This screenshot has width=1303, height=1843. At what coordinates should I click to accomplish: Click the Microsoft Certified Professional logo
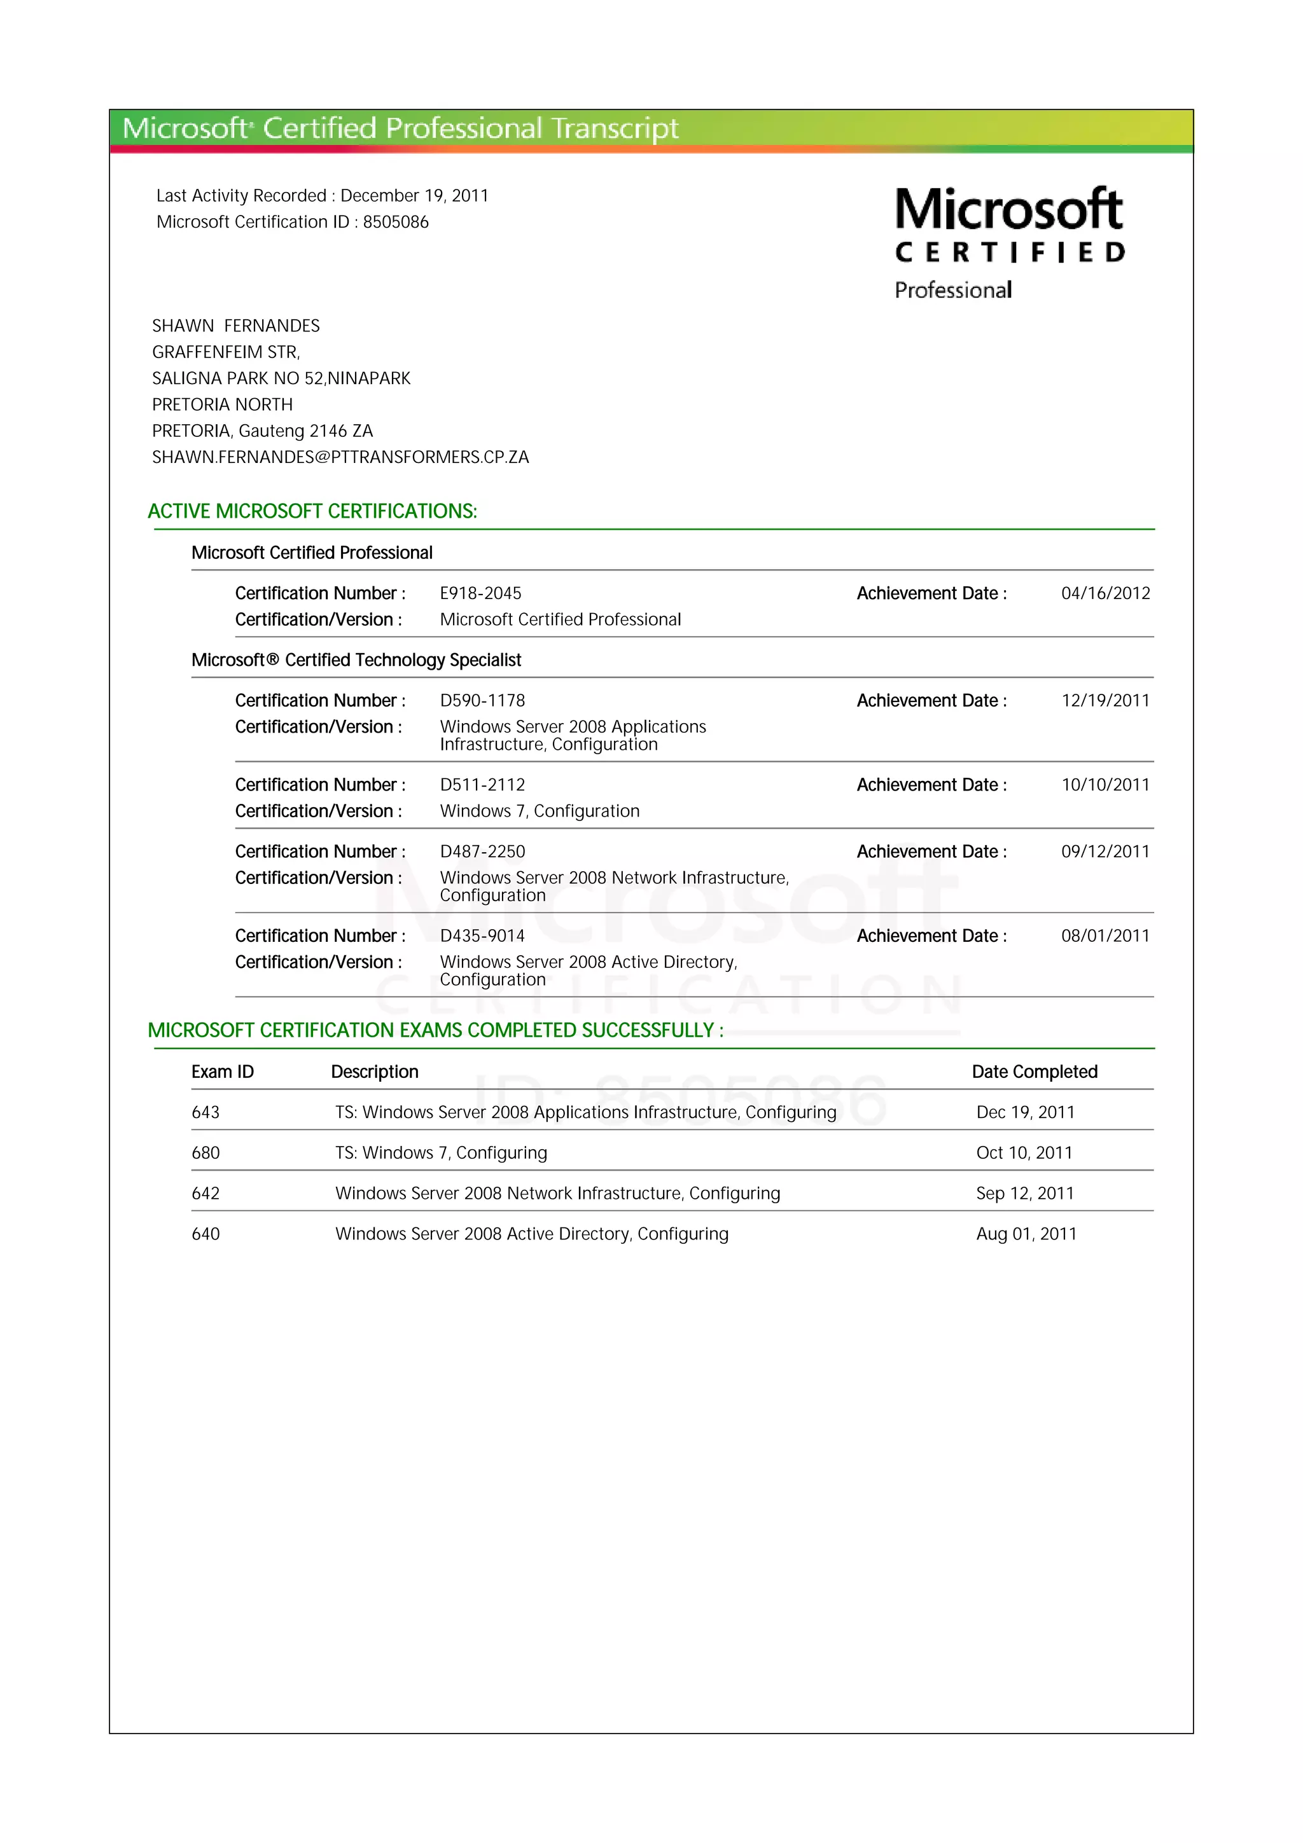point(1009,242)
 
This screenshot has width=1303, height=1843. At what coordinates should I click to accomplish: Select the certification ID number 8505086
point(396,223)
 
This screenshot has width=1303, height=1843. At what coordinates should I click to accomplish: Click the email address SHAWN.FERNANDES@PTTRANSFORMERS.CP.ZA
point(340,457)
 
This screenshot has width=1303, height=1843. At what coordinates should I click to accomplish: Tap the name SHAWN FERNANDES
point(236,326)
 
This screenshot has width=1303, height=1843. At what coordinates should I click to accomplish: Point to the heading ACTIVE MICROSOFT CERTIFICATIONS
point(312,511)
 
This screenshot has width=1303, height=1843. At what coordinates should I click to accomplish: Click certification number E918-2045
point(480,593)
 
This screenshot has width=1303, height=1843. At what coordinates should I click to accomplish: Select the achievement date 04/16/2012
point(1104,593)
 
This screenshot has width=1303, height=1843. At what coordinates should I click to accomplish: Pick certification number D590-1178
point(482,701)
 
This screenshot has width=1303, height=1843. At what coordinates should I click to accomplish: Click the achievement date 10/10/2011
point(1104,785)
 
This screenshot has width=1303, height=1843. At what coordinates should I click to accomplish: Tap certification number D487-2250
point(482,852)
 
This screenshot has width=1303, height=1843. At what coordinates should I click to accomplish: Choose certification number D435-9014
point(482,936)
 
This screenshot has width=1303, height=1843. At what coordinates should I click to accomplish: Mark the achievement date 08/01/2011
point(1104,936)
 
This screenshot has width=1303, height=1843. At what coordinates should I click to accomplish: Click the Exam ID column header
point(223,1072)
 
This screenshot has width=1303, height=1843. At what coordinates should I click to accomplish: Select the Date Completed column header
point(1034,1072)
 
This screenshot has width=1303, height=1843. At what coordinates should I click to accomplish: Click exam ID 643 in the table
point(206,1112)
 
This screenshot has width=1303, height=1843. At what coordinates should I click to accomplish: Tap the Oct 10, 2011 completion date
point(1024,1154)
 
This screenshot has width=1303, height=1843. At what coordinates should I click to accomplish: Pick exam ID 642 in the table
point(206,1194)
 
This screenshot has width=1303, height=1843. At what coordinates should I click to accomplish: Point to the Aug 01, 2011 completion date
point(1026,1234)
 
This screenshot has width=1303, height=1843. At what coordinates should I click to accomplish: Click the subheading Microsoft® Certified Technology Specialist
point(356,660)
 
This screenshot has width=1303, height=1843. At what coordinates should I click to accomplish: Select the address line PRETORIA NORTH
point(223,404)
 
